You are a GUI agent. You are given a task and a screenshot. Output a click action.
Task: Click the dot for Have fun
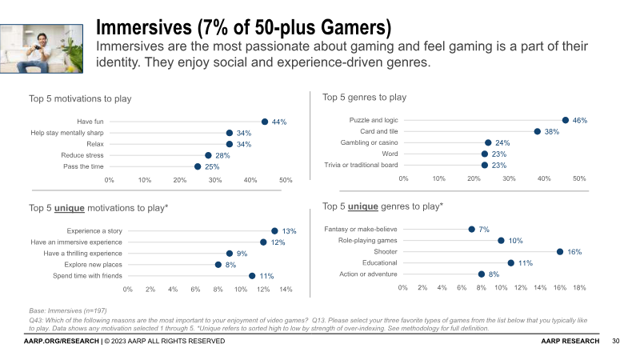pyautogui.click(x=264, y=122)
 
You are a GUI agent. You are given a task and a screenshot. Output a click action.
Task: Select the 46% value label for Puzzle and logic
pyautogui.click(x=580, y=121)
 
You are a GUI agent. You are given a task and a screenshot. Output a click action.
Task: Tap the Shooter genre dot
pyautogui.click(x=560, y=251)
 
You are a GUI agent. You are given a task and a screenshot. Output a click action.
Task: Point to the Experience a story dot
pyautogui.click(x=274, y=230)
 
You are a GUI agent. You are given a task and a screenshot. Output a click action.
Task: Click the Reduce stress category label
pyautogui.click(x=82, y=155)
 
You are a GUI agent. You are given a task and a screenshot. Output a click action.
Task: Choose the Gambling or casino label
pyautogui.click(x=370, y=142)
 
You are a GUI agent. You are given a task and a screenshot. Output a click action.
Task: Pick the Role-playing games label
pyautogui.click(x=368, y=240)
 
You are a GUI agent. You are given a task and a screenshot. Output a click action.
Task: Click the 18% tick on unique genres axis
pyautogui.click(x=579, y=287)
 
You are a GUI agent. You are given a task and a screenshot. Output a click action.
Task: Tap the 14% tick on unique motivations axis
pyautogui.click(x=286, y=289)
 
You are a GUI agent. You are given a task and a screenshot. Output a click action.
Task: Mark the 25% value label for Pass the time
pyautogui.click(x=212, y=167)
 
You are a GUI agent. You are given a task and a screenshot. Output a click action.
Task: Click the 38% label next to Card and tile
pyautogui.click(x=551, y=132)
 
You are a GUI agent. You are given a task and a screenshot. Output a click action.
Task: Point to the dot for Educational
pyautogui.click(x=511, y=262)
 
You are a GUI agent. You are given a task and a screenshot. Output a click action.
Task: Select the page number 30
pyautogui.click(x=616, y=342)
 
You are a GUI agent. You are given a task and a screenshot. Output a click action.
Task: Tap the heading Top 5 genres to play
pyautogui.click(x=364, y=98)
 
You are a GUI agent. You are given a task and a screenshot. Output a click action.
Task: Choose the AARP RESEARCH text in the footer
pyautogui.click(x=569, y=342)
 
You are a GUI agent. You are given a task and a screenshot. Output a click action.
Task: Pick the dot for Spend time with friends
pyautogui.click(x=252, y=275)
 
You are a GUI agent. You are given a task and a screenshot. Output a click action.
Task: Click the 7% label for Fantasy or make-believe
pyautogui.click(x=484, y=230)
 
